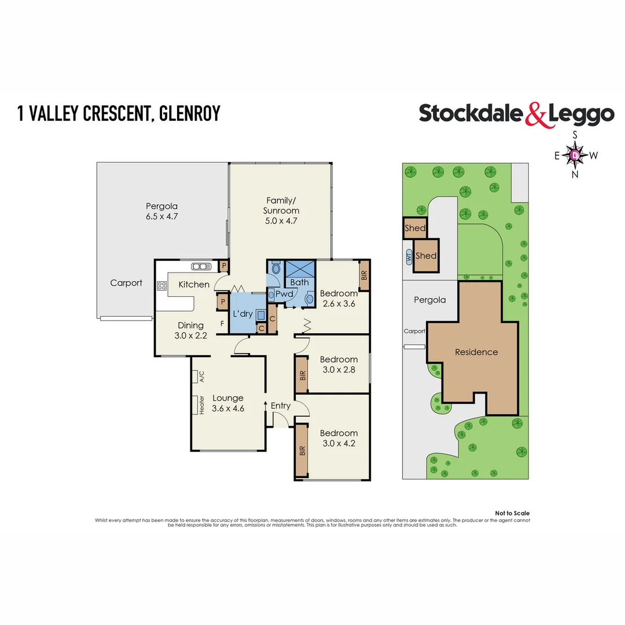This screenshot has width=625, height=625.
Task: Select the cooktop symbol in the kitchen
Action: (x=161, y=285)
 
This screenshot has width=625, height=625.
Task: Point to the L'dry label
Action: (x=243, y=313)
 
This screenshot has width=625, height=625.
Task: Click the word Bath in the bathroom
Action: (x=300, y=282)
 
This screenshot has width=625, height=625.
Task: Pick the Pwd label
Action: (x=284, y=294)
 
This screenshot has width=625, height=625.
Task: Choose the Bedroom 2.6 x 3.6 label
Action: (x=339, y=299)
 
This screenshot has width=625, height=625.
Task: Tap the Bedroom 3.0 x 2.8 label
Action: (x=339, y=365)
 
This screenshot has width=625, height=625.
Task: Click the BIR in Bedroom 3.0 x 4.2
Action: (x=302, y=451)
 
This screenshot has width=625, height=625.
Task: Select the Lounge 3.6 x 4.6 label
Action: (x=227, y=403)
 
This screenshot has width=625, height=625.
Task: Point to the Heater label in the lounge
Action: (x=203, y=405)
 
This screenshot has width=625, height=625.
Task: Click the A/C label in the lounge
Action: (x=202, y=377)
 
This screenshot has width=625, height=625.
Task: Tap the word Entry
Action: (x=281, y=406)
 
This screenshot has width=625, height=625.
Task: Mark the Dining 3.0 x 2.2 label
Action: (x=190, y=330)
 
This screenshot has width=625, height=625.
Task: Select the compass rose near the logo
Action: (x=575, y=155)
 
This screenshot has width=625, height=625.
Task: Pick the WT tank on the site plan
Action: (x=409, y=256)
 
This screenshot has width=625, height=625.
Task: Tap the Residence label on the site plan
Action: (x=476, y=352)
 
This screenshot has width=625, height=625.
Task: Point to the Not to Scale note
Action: (x=512, y=513)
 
